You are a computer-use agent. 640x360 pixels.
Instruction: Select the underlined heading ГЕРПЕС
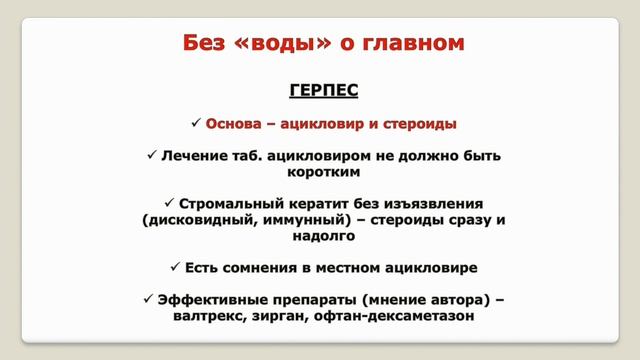[323, 91]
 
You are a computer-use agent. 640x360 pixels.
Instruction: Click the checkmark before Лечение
[152, 156]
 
